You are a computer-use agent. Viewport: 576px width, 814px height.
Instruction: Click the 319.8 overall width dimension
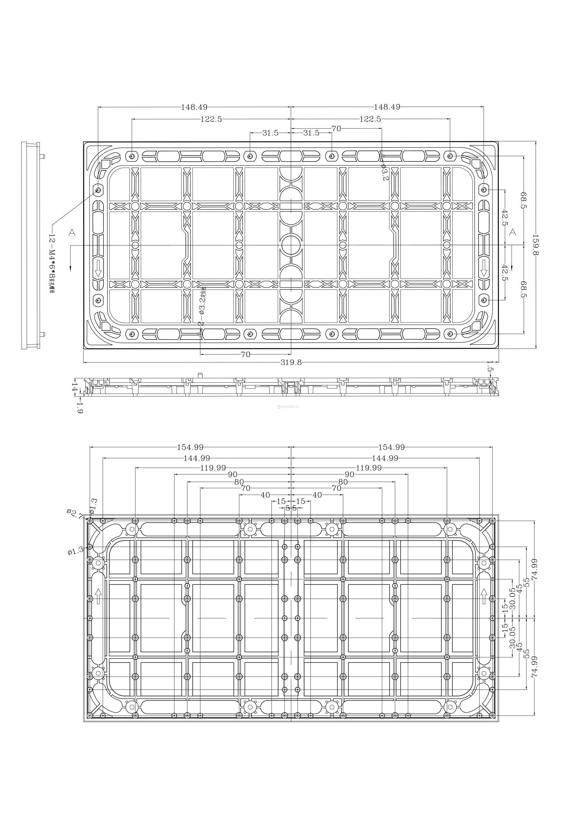pos(291,362)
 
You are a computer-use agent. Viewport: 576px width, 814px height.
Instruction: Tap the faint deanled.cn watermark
pos(288,407)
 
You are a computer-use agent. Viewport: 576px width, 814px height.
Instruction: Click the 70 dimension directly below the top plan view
pos(246,354)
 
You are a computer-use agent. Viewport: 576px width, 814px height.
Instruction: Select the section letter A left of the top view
pos(72,233)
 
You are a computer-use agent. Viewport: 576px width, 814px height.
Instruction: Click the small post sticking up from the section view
pos(200,375)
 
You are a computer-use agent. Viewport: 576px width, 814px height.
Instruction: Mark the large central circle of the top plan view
pos(291,245)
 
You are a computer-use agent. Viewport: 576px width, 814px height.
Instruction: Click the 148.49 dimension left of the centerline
pos(194,107)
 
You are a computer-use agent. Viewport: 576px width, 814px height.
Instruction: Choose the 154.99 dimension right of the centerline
pos(391,447)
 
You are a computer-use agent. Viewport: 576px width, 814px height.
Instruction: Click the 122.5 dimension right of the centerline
pos(370,119)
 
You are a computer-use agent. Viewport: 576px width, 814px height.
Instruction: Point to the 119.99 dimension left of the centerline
pos(213,468)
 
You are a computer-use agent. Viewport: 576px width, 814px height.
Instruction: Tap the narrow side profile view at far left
pos(31,245)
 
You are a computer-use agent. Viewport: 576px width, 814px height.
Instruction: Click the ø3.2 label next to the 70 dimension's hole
pos(385,172)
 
